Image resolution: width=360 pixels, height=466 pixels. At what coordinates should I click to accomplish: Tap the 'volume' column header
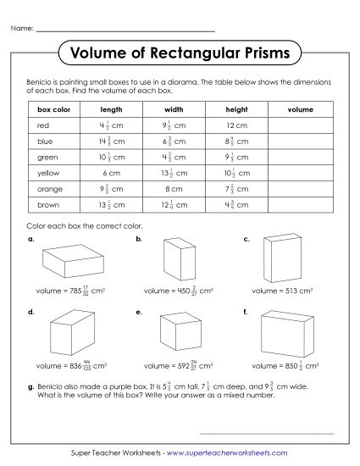pos(300,109)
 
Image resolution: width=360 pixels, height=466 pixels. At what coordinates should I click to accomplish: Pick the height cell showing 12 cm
pos(236,125)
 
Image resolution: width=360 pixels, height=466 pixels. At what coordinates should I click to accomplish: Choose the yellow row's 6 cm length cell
pos(112,173)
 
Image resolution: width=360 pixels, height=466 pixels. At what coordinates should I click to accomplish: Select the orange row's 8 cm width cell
pos(174,189)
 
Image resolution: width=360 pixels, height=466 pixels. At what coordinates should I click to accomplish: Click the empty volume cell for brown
pos(300,204)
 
